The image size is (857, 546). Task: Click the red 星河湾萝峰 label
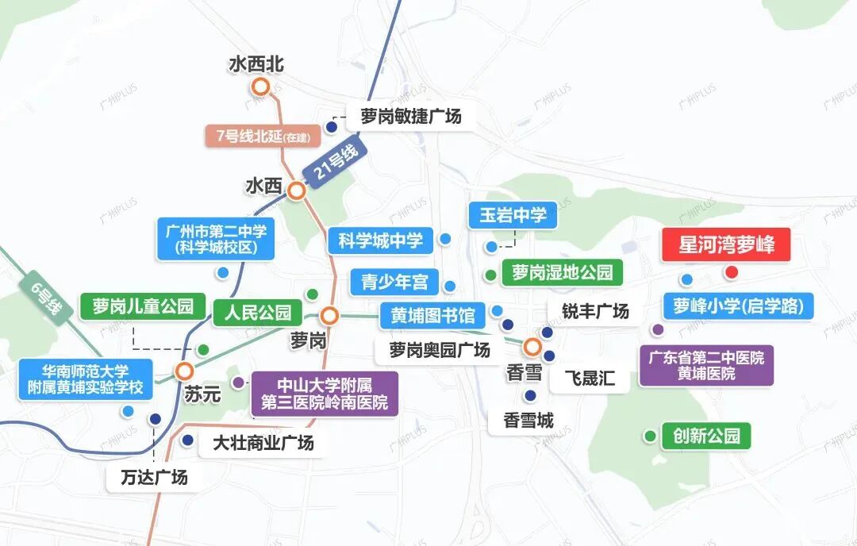pyautogui.click(x=726, y=244)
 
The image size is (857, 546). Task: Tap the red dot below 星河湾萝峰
pyautogui.click(x=732, y=272)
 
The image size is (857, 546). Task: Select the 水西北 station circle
pyautogui.click(x=258, y=87)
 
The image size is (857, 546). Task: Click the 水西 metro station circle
pyautogui.click(x=297, y=190)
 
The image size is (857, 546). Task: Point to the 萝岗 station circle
pyautogui.click(x=330, y=315)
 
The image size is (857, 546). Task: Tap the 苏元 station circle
pyautogui.click(x=185, y=371)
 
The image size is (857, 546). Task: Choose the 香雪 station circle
pyautogui.click(x=532, y=346)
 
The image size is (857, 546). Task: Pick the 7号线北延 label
pyautogui.click(x=263, y=136)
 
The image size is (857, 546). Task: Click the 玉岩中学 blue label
pyautogui.click(x=513, y=215)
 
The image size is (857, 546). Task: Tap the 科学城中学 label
pyautogui.click(x=381, y=240)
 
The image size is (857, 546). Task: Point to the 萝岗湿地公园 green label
pyautogui.click(x=562, y=273)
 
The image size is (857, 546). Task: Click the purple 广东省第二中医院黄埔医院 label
pyautogui.click(x=705, y=366)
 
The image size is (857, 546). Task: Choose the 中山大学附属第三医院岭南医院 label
pyautogui.click(x=325, y=394)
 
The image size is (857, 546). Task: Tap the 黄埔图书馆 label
pyautogui.click(x=432, y=315)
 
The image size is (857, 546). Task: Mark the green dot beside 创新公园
pyautogui.click(x=651, y=436)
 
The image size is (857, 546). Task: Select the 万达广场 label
pyautogui.click(x=155, y=478)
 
